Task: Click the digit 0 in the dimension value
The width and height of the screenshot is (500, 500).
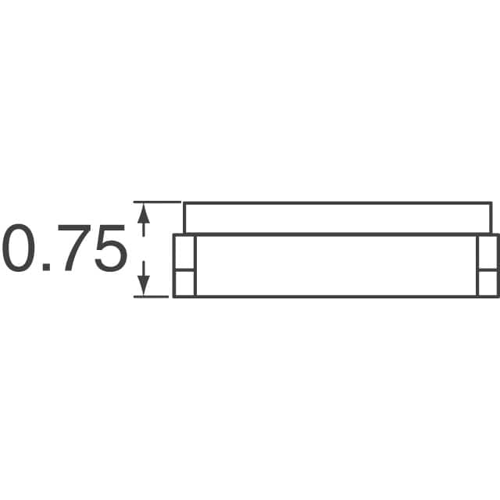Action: click(x=19, y=248)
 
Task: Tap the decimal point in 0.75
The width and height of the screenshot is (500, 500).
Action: click(x=46, y=267)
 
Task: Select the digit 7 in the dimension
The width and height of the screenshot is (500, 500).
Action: click(x=73, y=248)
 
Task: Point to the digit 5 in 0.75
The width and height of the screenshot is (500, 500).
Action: click(x=111, y=248)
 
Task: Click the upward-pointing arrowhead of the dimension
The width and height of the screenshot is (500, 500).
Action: click(x=144, y=213)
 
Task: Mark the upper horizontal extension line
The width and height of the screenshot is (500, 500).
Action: click(x=158, y=202)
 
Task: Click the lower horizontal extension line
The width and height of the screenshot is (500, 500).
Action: click(x=151, y=297)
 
